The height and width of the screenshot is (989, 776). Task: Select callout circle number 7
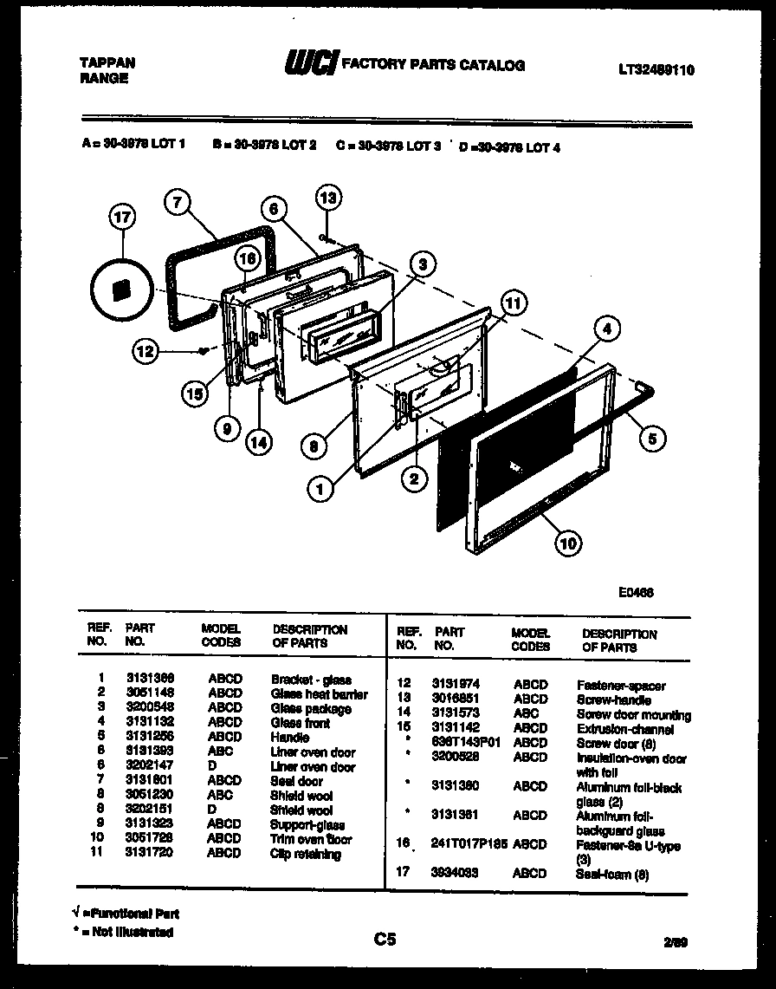(177, 205)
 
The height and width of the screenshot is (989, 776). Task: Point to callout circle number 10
(567, 543)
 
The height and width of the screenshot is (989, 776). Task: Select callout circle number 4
(608, 329)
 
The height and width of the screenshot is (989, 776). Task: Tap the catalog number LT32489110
(656, 70)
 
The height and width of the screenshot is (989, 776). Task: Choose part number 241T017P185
(469, 843)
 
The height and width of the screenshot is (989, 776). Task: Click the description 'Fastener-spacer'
(620, 686)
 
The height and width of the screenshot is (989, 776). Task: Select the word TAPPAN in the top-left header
(107, 63)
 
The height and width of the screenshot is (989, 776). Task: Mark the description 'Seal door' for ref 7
(296, 781)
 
